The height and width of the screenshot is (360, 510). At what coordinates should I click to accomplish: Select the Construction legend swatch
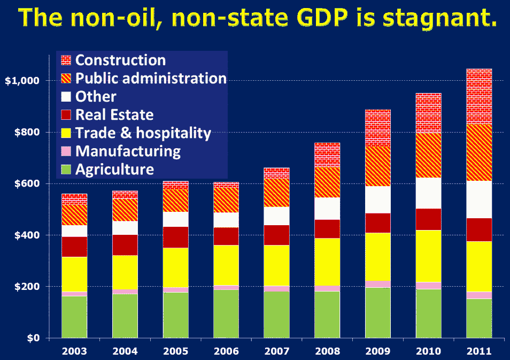coord(66,60)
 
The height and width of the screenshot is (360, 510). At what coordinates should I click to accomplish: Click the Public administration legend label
coord(151,79)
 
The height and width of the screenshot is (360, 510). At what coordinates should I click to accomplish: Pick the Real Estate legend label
coord(114,115)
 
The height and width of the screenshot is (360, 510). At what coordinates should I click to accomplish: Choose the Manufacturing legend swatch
coord(66,151)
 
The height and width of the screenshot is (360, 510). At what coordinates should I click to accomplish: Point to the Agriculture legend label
coord(115,170)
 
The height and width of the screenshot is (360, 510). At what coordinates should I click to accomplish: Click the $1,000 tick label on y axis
coord(22,81)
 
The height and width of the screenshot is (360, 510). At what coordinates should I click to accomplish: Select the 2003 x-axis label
coord(74,351)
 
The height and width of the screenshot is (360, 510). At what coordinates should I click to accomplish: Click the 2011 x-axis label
coord(479,351)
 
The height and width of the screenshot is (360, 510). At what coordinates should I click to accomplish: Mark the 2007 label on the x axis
coord(276,351)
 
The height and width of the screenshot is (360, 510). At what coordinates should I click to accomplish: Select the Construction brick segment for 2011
coord(479,96)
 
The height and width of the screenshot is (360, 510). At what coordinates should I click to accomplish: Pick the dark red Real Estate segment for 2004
coord(125,245)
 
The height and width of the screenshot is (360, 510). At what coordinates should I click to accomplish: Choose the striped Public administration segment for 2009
coord(378,166)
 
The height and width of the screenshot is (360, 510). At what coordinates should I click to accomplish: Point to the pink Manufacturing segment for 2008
coord(327,288)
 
